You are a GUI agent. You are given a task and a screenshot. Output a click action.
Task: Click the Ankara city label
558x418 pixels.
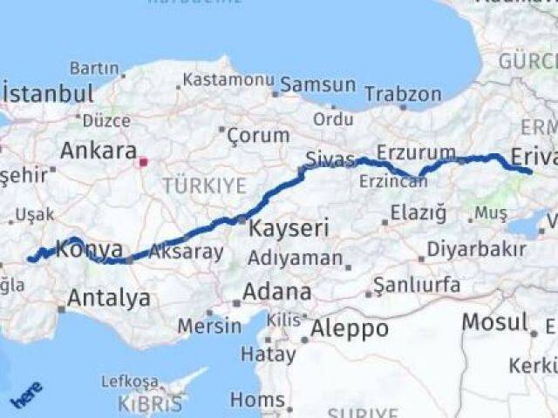click(98, 150)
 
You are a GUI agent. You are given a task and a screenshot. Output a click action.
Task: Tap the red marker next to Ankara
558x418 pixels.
click(144, 161)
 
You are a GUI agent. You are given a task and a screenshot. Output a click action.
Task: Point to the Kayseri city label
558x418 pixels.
click(289, 229)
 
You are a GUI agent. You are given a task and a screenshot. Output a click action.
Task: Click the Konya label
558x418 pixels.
click(89, 251)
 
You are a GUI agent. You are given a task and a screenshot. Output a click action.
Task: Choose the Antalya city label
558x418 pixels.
click(109, 298)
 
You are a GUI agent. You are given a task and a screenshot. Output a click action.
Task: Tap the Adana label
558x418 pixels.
click(276, 291)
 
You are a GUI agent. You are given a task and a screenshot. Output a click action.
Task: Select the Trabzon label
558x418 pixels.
click(403, 93)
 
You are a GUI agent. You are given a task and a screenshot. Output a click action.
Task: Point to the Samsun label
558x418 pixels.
click(318, 84)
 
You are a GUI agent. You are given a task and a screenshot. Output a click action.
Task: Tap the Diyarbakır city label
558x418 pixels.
click(476, 249)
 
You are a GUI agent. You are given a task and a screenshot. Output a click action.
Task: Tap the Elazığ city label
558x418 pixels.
click(418, 212)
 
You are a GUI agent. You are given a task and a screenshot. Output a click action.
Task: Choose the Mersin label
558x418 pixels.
click(209, 326)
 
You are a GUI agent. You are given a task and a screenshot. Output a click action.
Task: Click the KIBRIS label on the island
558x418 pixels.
click(153, 404)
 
